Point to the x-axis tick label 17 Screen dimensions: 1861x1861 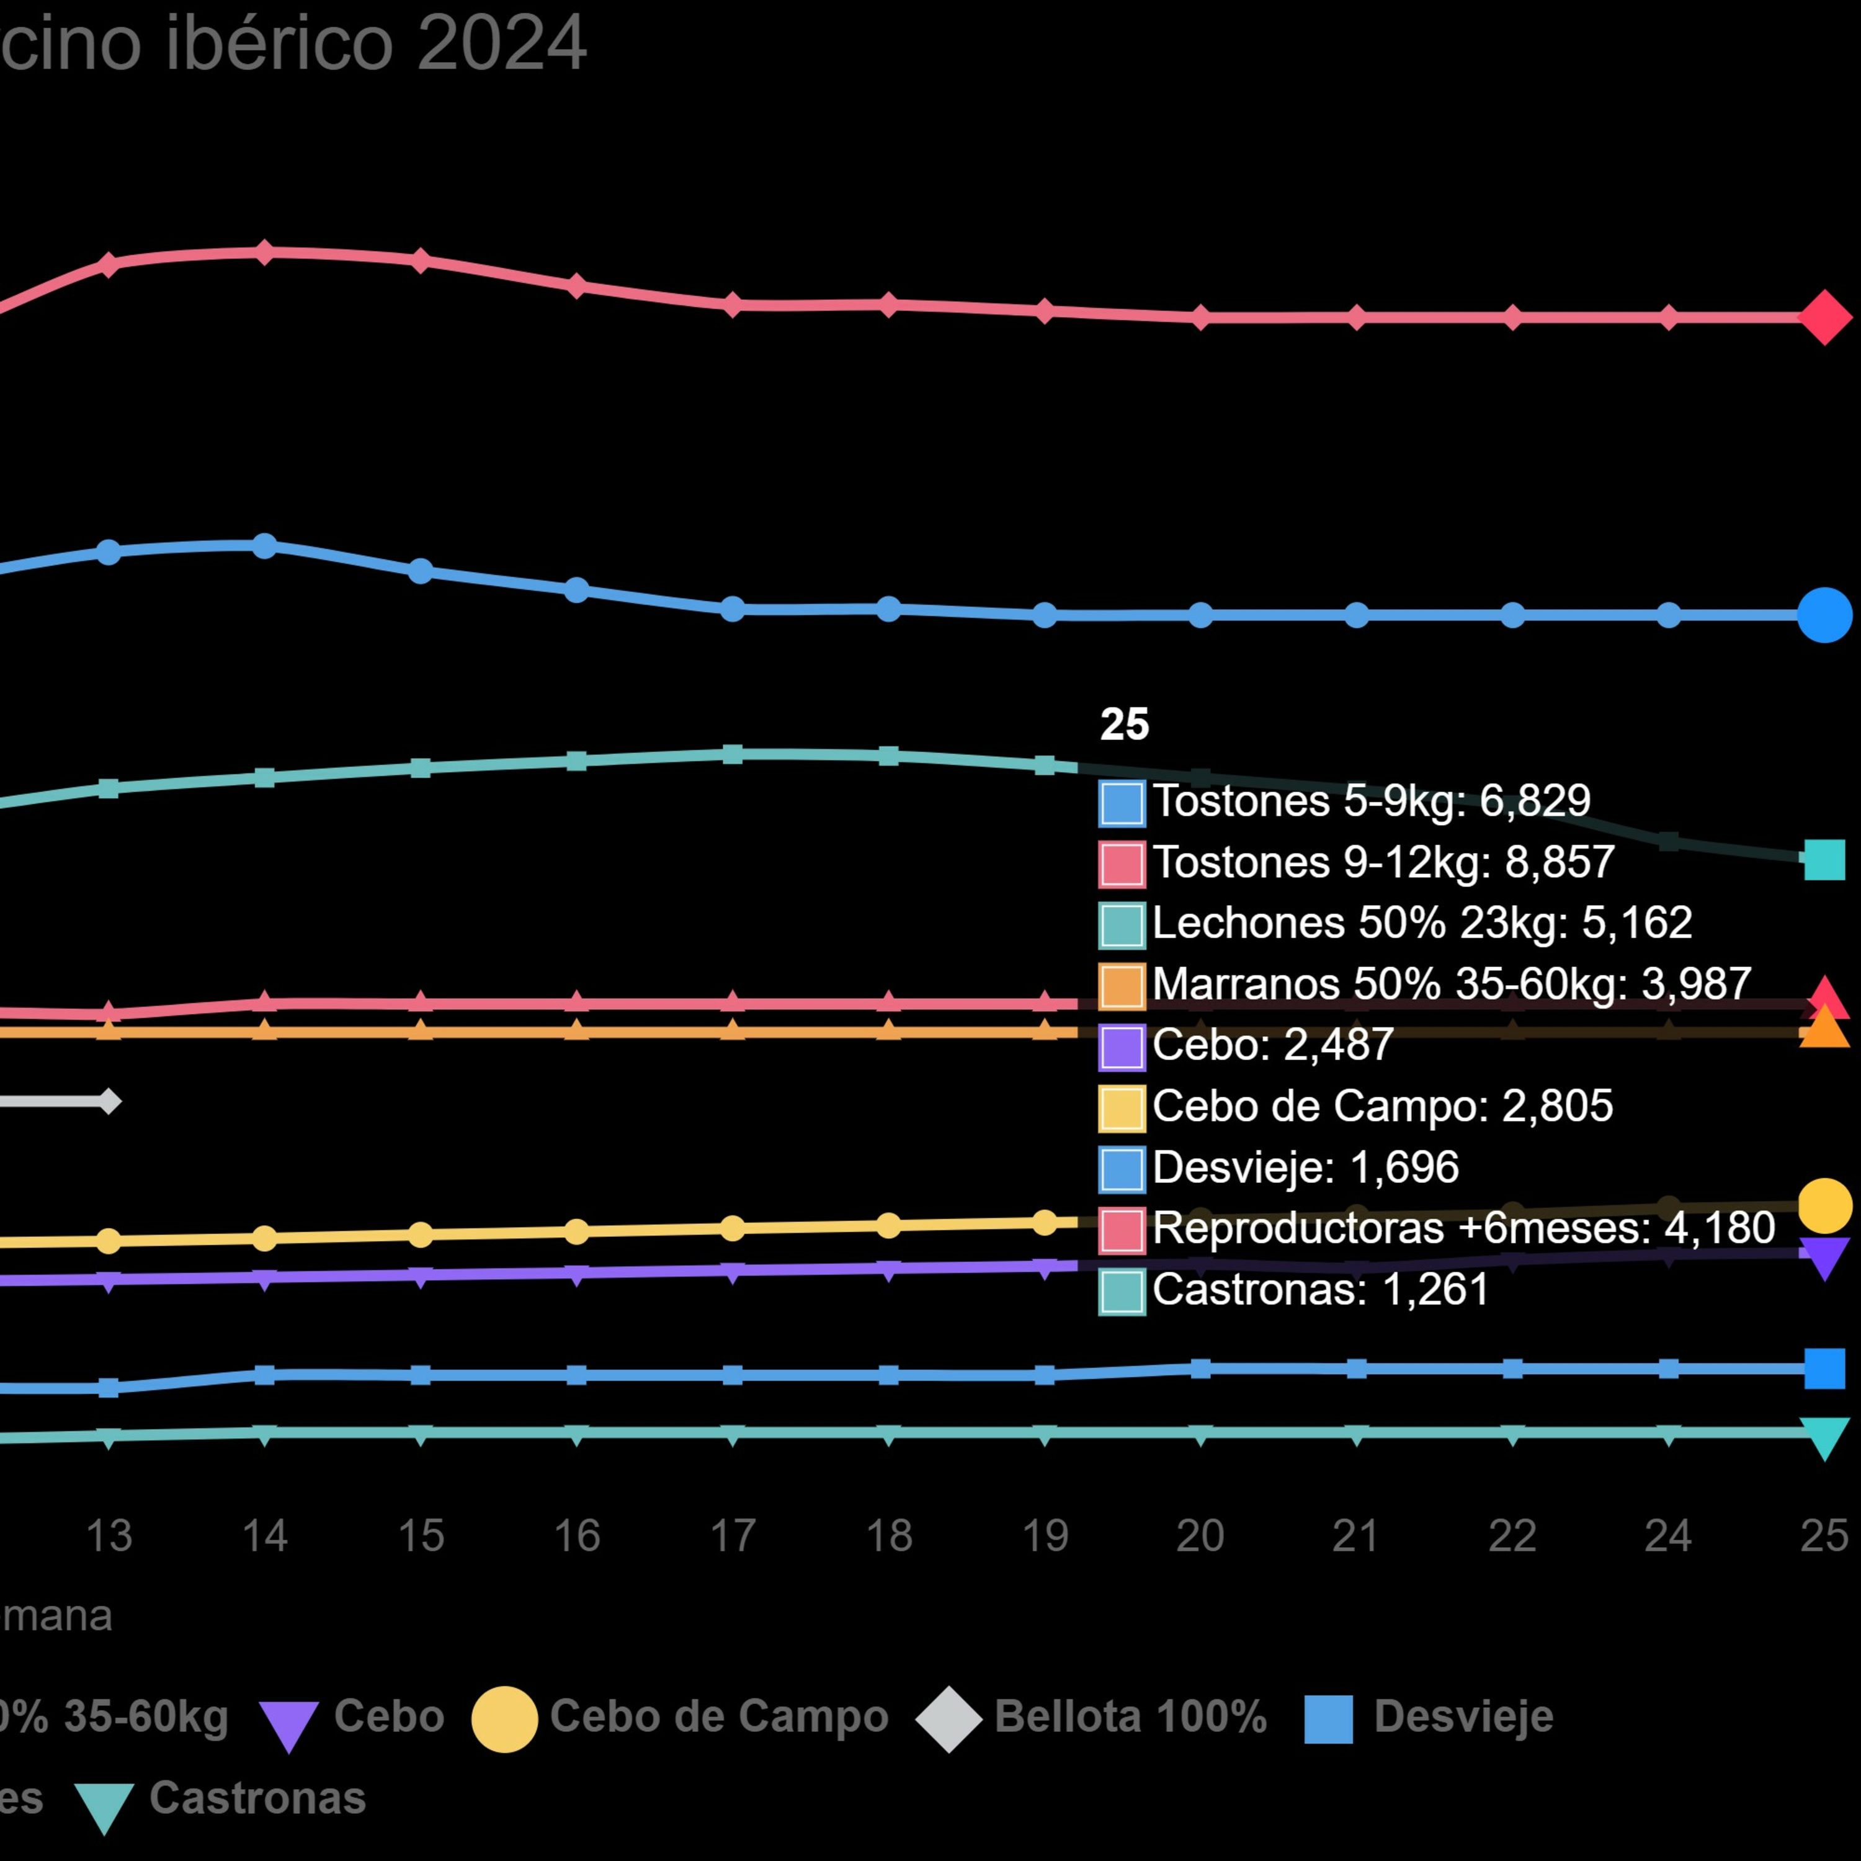tap(732, 1535)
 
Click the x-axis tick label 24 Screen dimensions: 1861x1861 tap(1668, 1535)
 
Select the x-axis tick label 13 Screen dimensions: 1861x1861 tap(109, 1535)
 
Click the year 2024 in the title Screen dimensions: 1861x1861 tap(502, 42)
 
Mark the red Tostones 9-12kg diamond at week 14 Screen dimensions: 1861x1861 tap(264, 253)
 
